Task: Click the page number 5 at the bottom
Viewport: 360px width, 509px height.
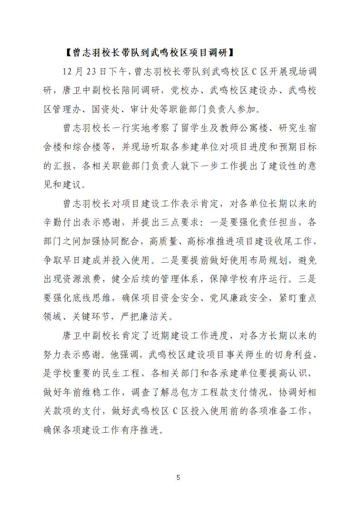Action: (x=178, y=477)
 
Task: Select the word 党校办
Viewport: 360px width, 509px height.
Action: (x=183, y=90)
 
